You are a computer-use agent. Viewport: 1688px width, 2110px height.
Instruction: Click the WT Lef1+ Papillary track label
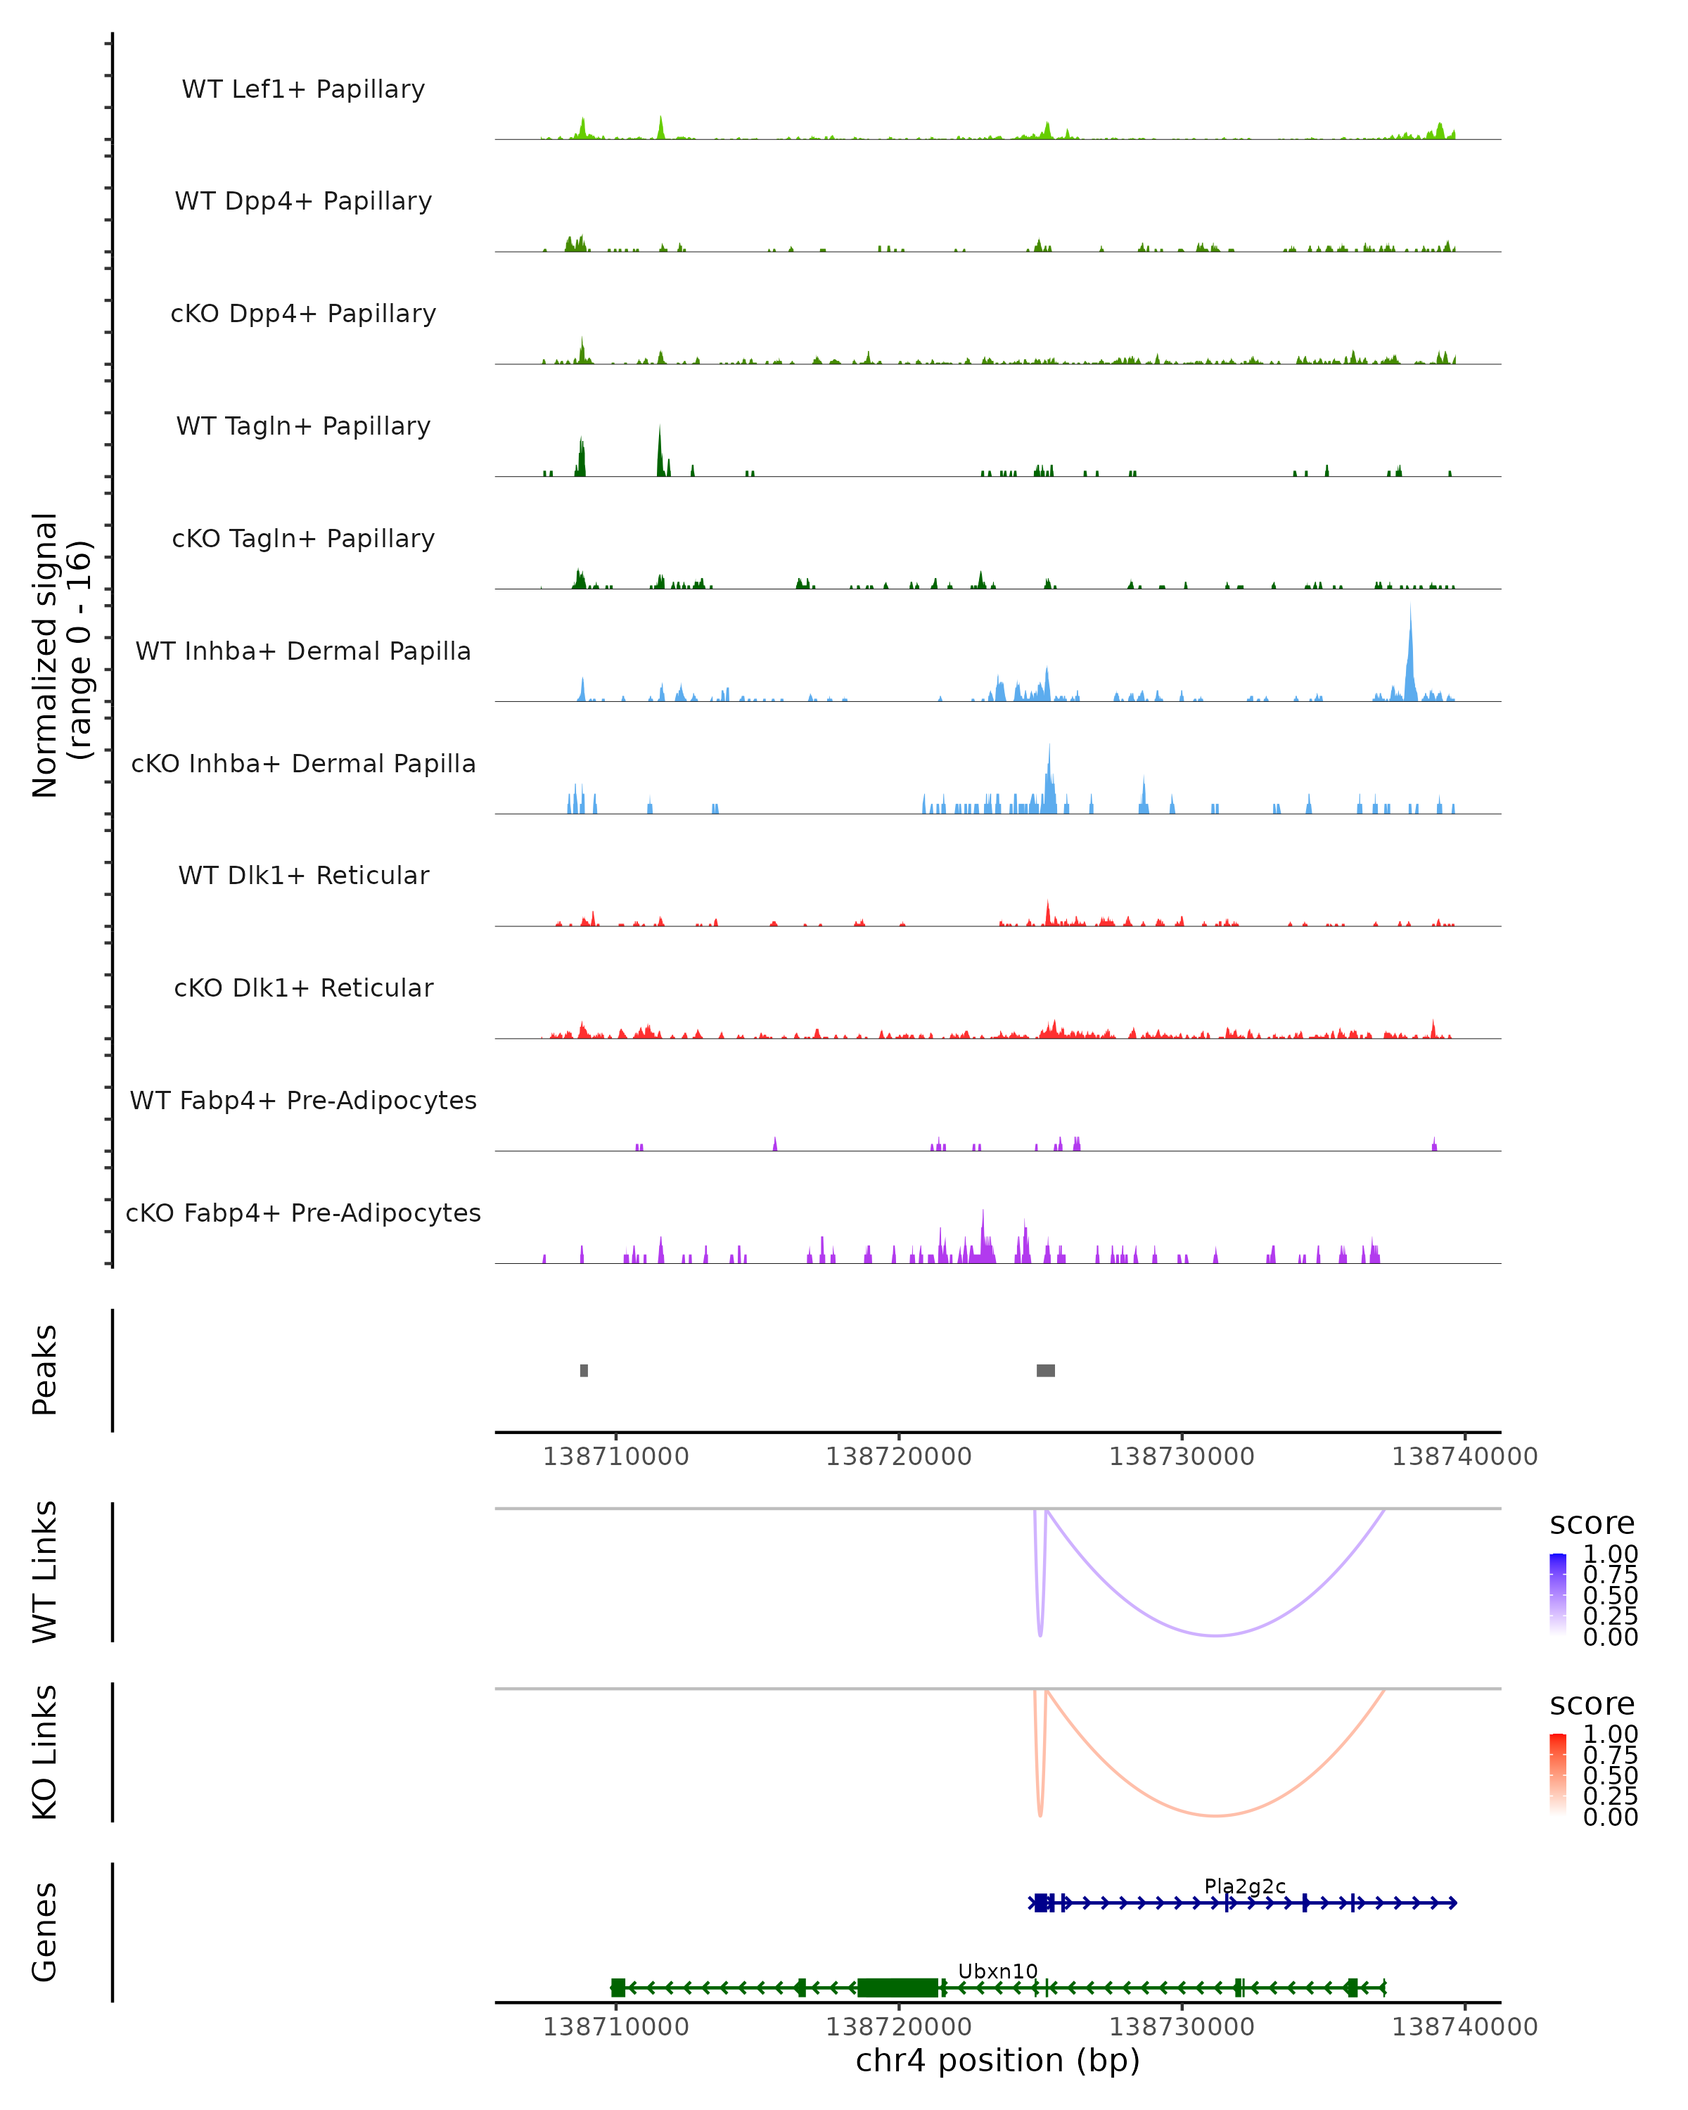coord(303,89)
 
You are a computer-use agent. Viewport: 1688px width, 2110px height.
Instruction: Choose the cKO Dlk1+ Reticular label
coord(303,987)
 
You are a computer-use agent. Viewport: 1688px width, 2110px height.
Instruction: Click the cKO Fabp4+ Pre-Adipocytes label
coord(303,1213)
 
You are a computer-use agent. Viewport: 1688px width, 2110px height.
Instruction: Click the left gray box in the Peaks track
coord(584,1370)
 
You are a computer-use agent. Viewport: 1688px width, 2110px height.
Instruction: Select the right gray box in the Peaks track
coord(1045,1370)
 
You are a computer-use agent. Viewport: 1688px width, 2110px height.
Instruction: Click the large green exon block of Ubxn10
coord(897,1988)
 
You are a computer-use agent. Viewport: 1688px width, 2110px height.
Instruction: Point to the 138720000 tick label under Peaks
coord(898,1457)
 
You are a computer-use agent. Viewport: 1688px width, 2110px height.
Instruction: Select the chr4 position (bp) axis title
coord(997,2060)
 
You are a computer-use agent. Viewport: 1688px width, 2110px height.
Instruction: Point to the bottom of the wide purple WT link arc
coord(1215,1635)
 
